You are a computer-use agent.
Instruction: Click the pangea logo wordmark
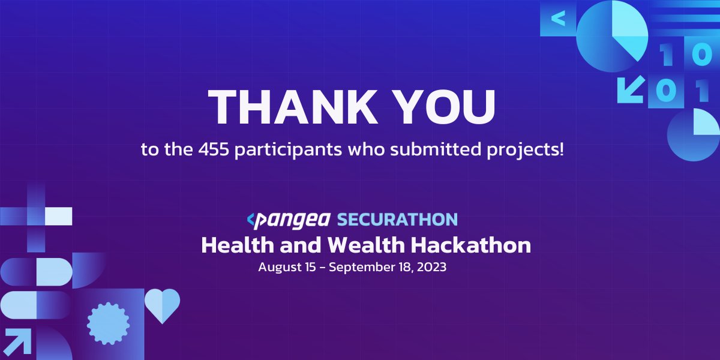tap(289, 220)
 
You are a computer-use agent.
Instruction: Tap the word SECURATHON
tap(397, 220)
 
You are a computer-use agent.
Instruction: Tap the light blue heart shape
tap(163, 303)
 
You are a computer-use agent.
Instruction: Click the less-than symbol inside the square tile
tap(557, 19)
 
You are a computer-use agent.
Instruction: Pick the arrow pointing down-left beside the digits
tap(631, 89)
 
